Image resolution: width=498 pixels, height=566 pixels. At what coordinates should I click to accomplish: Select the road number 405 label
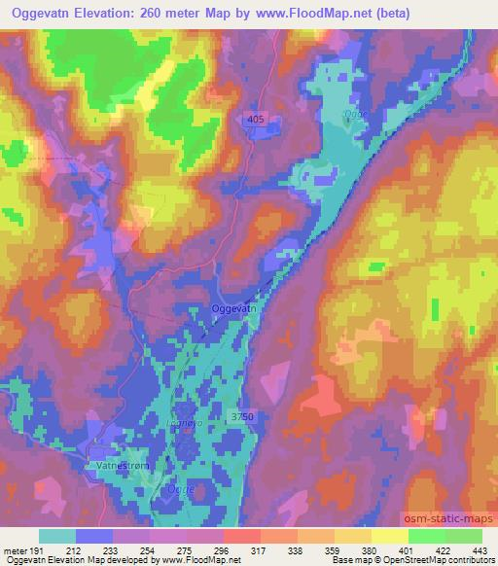pyautogui.click(x=255, y=119)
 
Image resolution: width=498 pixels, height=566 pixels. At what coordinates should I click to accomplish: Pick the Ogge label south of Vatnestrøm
pyautogui.click(x=180, y=489)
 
